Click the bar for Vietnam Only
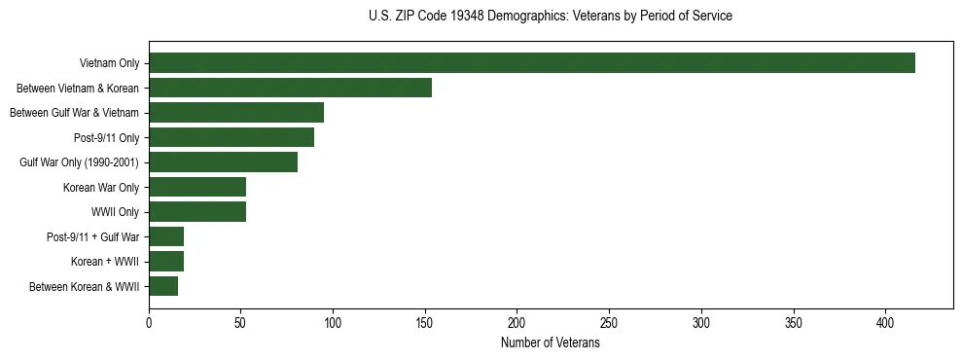[x=532, y=63]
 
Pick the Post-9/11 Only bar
[x=232, y=137]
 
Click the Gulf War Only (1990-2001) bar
[x=223, y=162]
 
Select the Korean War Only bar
[x=197, y=187]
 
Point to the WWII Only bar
[x=197, y=212]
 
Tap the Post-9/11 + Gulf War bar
[x=166, y=236]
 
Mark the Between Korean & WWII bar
[x=163, y=286]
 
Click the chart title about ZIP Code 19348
[x=551, y=17]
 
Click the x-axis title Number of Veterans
[x=551, y=343]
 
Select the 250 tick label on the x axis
[x=609, y=323]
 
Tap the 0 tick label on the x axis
[x=149, y=323]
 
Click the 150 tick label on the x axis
[x=425, y=323]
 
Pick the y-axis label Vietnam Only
[x=109, y=64]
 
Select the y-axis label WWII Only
[x=115, y=212]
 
